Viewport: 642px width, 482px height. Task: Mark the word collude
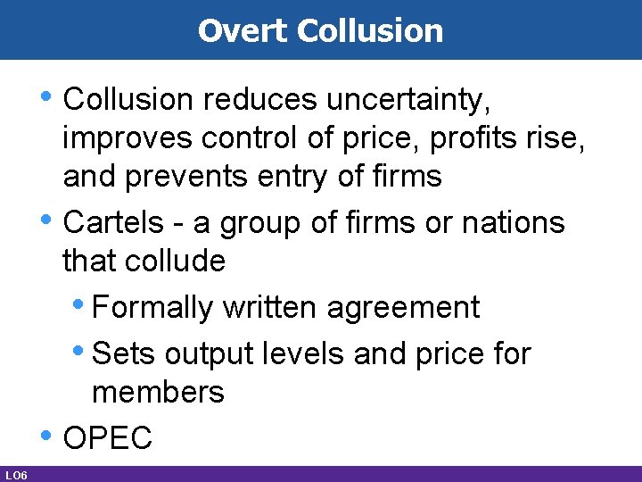point(175,261)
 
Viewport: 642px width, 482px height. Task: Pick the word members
point(158,392)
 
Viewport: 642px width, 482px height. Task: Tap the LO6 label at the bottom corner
point(15,474)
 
